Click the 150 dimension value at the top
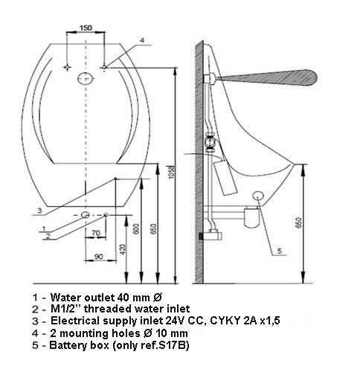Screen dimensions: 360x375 click(86, 28)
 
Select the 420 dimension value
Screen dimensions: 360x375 click(123, 249)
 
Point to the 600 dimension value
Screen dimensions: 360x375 click(136, 229)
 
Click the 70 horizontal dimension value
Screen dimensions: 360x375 click(96, 233)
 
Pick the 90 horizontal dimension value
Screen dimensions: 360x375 click(99, 257)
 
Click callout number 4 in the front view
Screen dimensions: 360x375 click(142, 40)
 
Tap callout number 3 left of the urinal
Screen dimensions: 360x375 click(39, 211)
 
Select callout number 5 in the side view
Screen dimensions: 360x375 click(280, 251)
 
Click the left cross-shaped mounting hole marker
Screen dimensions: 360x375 click(67, 67)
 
